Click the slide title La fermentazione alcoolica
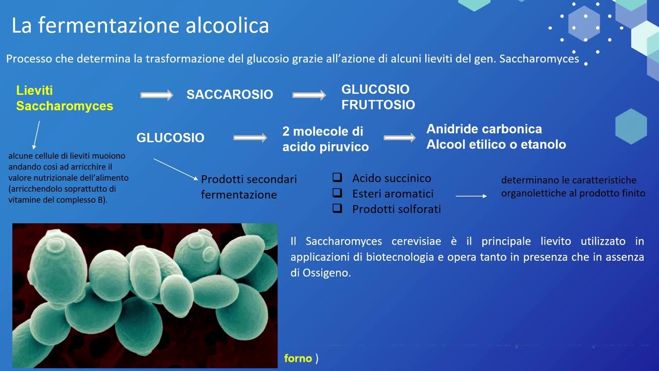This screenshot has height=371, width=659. coord(140,25)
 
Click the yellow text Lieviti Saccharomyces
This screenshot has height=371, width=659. coord(64,98)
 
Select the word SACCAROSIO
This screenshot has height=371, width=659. coord(230,95)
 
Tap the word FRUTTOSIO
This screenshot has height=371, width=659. coord(378,105)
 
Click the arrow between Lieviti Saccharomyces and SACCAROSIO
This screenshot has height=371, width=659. coord(157,95)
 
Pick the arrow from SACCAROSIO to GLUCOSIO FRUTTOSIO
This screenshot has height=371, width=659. coord(309,95)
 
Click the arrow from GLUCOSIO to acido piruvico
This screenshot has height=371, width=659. coord(250,138)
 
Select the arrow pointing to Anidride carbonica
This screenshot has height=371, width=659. coord(400,138)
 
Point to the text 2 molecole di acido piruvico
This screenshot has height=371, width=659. coord(325,139)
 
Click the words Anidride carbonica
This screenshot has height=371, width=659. coord(484,129)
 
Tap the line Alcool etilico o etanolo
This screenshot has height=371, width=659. coord(496,145)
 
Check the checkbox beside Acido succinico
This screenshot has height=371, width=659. coord(337,178)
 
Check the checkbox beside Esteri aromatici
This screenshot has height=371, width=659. coord(337,193)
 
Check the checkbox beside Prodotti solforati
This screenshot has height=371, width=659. coord(337,209)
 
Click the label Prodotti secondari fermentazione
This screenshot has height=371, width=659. coord(249,187)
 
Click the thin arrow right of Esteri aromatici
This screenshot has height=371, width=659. coord(471,196)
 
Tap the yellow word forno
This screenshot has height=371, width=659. coord(298,359)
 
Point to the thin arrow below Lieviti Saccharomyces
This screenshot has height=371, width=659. coord(36,135)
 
